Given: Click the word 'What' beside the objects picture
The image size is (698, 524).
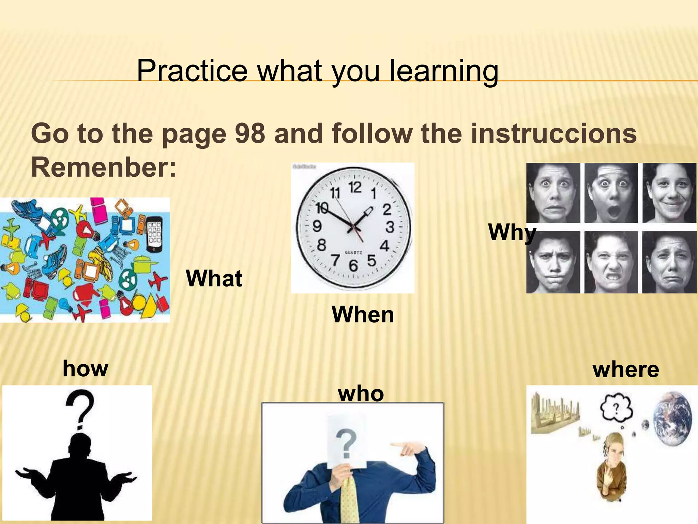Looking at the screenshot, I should [214, 278].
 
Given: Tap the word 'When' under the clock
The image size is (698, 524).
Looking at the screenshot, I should [363, 315].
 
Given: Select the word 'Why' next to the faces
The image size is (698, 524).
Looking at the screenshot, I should [511, 233].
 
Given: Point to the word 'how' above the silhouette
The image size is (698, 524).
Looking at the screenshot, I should [85, 369].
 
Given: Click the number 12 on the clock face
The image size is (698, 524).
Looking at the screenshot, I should [355, 187].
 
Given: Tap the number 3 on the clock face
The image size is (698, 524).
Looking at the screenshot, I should [390, 227].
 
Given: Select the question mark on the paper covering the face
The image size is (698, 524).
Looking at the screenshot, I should [346, 443].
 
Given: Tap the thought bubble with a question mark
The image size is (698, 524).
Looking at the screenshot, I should [616, 407].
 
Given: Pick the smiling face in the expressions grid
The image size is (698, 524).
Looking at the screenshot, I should [669, 193].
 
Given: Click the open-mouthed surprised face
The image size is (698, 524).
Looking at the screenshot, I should [611, 193].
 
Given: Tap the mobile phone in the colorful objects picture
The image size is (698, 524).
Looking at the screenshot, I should [154, 234].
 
